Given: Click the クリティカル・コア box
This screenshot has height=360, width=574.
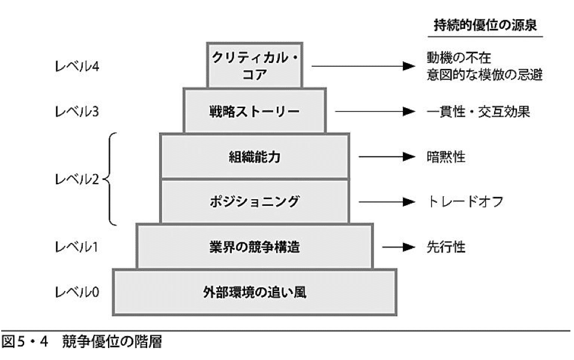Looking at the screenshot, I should click(x=255, y=65).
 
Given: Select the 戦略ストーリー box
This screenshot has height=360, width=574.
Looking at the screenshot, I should click(x=255, y=111).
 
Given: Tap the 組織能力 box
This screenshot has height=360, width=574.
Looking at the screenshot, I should click(x=255, y=157).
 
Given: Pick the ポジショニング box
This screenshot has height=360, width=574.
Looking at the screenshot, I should click(x=255, y=202).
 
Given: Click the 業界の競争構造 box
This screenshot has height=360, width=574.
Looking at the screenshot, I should click(x=255, y=247).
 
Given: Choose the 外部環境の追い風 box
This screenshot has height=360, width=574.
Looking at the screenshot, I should click(x=255, y=292).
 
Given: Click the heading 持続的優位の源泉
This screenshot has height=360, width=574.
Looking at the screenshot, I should click(x=488, y=26).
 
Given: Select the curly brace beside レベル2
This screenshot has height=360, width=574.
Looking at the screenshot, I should click(x=110, y=179).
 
